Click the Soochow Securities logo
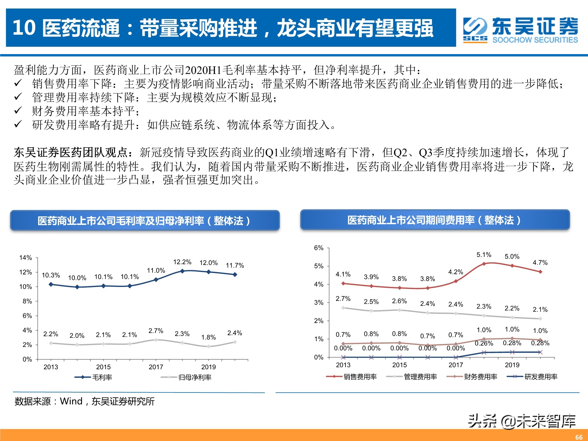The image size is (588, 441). (x=520, y=29)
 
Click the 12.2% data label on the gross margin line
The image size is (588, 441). (x=182, y=262)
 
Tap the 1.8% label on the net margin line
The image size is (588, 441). (x=208, y=337)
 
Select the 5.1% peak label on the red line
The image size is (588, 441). (x=484, y=255)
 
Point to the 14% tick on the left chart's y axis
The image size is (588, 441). (x=26, y=258)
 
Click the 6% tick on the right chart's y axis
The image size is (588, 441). (x=319, y=248)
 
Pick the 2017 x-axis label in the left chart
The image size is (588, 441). (x=156, y=367)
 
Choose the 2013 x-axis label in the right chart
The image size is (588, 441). (x=343, y=365)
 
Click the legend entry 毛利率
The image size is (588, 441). (x=102, y=377)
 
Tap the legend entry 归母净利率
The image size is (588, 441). (x=195, y=377)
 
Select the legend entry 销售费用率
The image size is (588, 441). (x=360, y=377)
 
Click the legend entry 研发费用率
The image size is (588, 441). (x=541, y=377)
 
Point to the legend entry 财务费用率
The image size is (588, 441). (x=480, y=377)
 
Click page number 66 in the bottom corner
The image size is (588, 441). (x=579, y=437)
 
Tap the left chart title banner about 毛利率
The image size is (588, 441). (x=145, y=220)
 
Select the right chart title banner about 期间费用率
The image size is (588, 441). (x=435, y=220)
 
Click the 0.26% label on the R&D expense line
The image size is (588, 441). (x=484, y=343)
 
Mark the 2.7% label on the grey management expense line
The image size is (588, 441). (x=343, y=299)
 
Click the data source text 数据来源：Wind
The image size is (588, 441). (x=84, y=401)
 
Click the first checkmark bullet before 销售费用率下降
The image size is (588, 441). (x=18, y=83)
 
